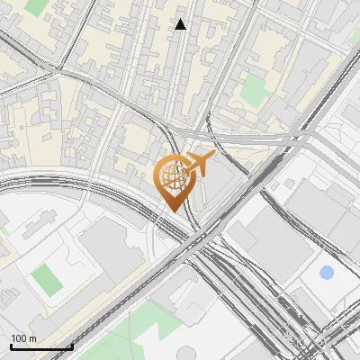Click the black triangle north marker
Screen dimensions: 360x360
tap(180, 24)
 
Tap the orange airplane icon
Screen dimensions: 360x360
tap(196, 165)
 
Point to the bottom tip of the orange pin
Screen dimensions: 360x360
tap(172, 210)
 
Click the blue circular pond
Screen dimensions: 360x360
tap(326, 272)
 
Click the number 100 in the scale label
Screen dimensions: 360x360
tap(20, 338)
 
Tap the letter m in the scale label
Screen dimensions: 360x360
tap(33, 338)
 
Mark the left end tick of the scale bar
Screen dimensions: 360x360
tap(11, 346)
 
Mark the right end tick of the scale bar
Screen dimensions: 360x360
tap(73, 346)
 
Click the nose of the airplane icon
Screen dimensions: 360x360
tap(213, 157)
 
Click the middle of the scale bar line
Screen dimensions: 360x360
tap(41, 346)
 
